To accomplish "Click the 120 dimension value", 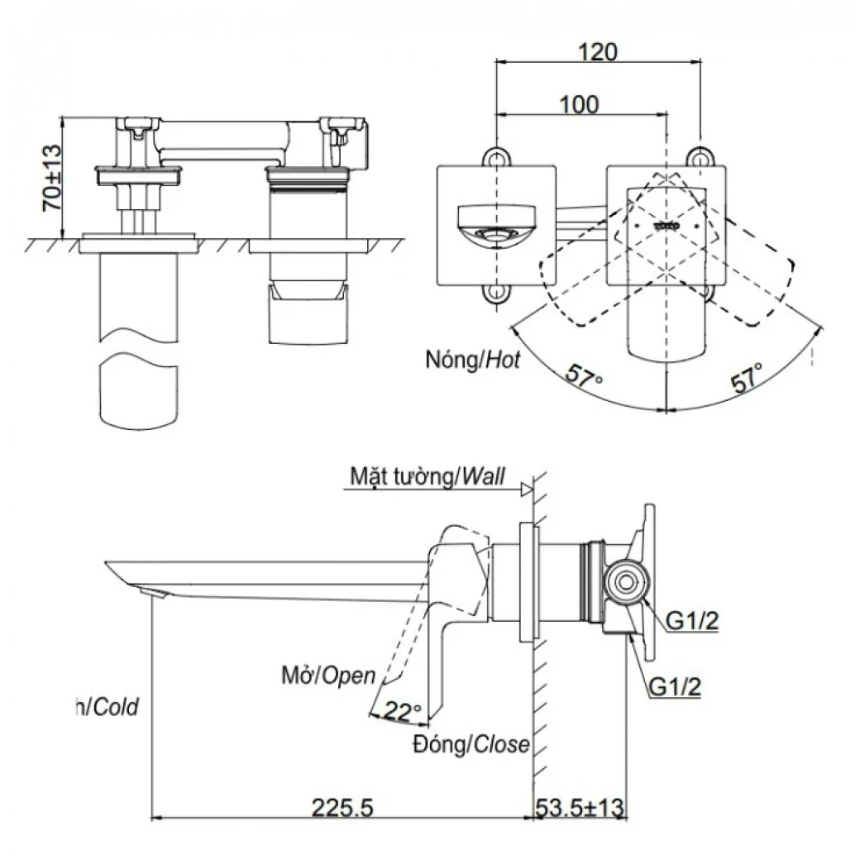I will (x=597, y=51).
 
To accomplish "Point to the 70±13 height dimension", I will (x=51, y=179).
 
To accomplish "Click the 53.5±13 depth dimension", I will (x=581, y=805).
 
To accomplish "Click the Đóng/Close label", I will (x=472, y=744).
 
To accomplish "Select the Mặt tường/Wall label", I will (x=427, y=476).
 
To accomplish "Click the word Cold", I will (x=116, y=706).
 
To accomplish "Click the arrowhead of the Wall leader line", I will (x=525, y=490).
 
